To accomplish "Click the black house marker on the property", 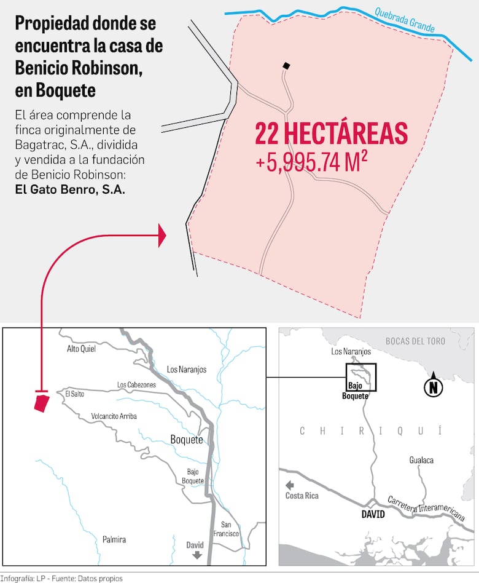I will (x=286, y=66).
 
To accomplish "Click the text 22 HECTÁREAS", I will (x=331, y=134).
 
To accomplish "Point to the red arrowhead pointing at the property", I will (x=162, y=236).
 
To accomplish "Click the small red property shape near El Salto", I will (x=42, y=404).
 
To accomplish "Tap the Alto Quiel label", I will (x=81, y=349).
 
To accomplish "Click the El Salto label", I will (x=74, y=394).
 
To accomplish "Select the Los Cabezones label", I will (x=136, y=385).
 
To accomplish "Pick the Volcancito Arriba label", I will (x=114, y=416).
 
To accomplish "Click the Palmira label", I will (x=114, y=539).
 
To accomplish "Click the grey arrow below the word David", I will (x=197, y=555).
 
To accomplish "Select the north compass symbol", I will (x=434, y=387).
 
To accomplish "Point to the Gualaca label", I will (x=422, y=460).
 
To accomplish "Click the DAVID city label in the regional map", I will (x=373, y=514).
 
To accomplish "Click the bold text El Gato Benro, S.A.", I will (x=69, y=189).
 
